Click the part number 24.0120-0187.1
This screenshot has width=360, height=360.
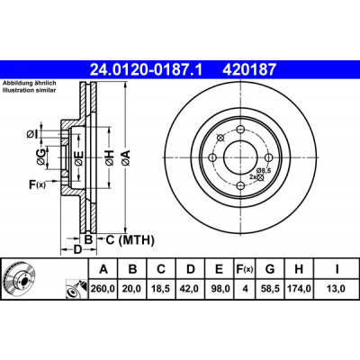(x=147, y=70)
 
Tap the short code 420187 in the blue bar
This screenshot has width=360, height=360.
(x=248, y=70)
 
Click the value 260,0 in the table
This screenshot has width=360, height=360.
(x=103, y=289)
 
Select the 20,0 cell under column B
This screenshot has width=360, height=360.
(x=132, y=289)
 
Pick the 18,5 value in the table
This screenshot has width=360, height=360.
(x=161, y=289)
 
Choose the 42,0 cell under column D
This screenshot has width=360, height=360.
(x=191, y=289)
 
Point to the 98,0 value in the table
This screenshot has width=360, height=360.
(x=220, y=289)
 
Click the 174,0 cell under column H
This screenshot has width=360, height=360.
(x=299, y=289)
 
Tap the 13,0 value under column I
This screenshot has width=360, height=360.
(x=337, y=289)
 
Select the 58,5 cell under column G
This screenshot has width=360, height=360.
(x=270, y=289)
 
